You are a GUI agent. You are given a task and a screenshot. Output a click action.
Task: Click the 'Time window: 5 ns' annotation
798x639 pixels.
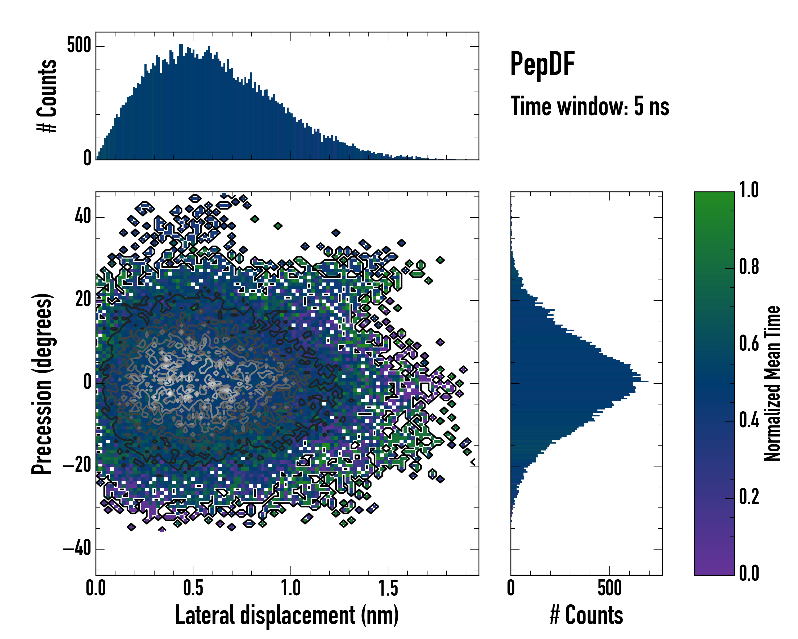point(590,106)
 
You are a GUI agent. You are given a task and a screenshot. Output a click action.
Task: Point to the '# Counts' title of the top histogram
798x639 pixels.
point(47,96)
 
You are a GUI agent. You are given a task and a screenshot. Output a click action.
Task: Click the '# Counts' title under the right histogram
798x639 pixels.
point(586,615)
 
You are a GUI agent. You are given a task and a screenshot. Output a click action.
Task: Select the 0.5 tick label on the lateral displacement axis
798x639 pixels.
point(193,588)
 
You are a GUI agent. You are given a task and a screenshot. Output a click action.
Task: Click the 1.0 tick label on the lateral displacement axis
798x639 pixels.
point(290,588)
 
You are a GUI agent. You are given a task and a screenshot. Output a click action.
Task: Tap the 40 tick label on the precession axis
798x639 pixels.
point(83,216)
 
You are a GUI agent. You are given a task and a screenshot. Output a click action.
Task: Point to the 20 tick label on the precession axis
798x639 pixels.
point(83,299)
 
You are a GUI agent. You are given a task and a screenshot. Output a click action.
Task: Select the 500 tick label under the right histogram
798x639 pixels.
point(609,588)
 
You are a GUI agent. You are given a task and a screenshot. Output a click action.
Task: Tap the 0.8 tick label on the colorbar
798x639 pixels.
point(749,267)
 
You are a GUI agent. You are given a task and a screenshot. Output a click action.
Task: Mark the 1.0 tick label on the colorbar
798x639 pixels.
point(749,190)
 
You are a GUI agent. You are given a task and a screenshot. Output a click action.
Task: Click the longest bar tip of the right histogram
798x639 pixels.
point(647,381)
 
